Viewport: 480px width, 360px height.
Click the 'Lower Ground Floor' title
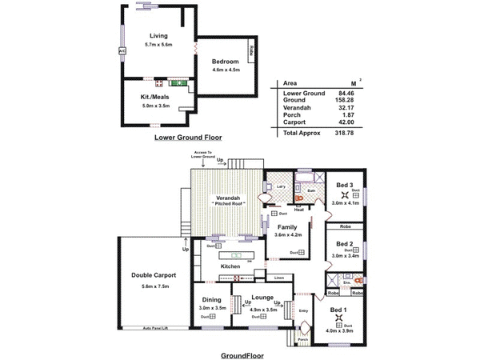coord(187,138)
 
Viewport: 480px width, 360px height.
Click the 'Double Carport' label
coord(154,275)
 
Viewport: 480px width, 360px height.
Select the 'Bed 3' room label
coord(345,185)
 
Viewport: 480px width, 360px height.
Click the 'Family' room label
coord(286,227)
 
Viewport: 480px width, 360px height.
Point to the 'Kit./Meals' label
coord(156,95)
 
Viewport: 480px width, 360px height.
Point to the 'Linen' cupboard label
coord(278,278)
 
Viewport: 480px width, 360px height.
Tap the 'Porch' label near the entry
coord(302,339)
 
